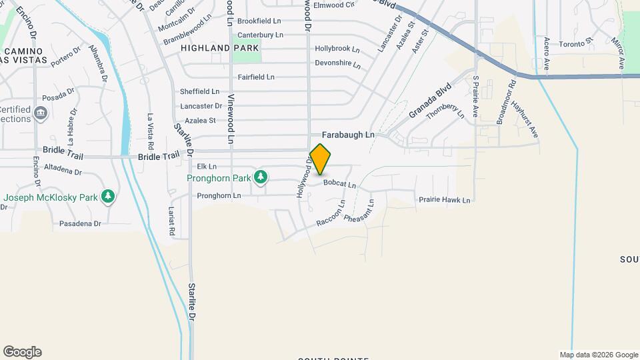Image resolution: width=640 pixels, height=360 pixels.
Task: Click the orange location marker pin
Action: click(x=321, y=159)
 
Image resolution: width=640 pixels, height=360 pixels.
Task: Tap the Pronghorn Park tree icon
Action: click(x=262, y=177)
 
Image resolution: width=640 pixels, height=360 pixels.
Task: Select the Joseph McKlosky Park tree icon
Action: click(x=107, y=197)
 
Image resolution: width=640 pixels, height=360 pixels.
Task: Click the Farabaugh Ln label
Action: click(x=349, y=135)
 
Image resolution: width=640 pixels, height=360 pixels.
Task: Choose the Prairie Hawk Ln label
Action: click(x=445, y=200)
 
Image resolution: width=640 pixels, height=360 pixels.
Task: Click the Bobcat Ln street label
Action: click(x=340, y=183)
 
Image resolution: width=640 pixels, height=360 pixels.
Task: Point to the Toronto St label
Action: click(x=576, y=43)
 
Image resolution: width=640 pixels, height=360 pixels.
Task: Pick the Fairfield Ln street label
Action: click(x=257, y=77)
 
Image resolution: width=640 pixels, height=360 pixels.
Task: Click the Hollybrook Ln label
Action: click(x=337, y=49)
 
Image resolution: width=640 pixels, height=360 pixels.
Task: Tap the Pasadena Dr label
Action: click(x=80, y=224)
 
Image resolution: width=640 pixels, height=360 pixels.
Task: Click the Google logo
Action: click(x=22, y=352)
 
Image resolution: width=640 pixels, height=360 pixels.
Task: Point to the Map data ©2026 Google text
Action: click(x=599, y=355)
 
